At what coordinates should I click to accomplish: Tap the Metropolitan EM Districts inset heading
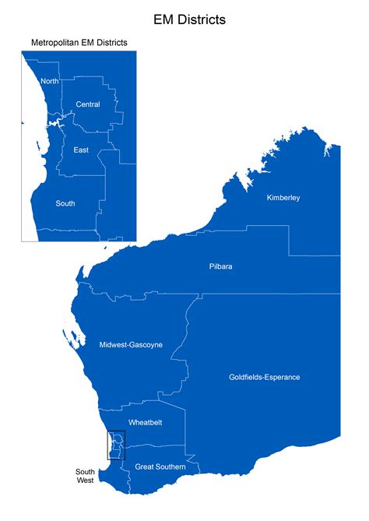pos(79,42)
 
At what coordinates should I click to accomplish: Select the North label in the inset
pos(49,81)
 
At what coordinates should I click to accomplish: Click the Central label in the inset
pos(88,104)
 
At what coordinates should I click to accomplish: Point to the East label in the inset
pos(80,149)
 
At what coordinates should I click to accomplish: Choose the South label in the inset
pos(65,203)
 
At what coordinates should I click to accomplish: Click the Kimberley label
pos(283,198)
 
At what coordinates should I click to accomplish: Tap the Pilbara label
pos(220,266)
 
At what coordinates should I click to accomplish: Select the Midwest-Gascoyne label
pos(131,344)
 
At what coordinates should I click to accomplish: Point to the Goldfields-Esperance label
pos(264,378)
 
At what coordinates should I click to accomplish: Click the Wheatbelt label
pos(144,422)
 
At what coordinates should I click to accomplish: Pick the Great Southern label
pos(160,467)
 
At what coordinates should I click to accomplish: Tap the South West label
pos(85,476)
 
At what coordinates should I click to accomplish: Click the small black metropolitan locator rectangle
pos(116,445)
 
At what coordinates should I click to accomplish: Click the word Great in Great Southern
pos(145,467)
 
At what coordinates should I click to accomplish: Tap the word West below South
pos(85,481)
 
